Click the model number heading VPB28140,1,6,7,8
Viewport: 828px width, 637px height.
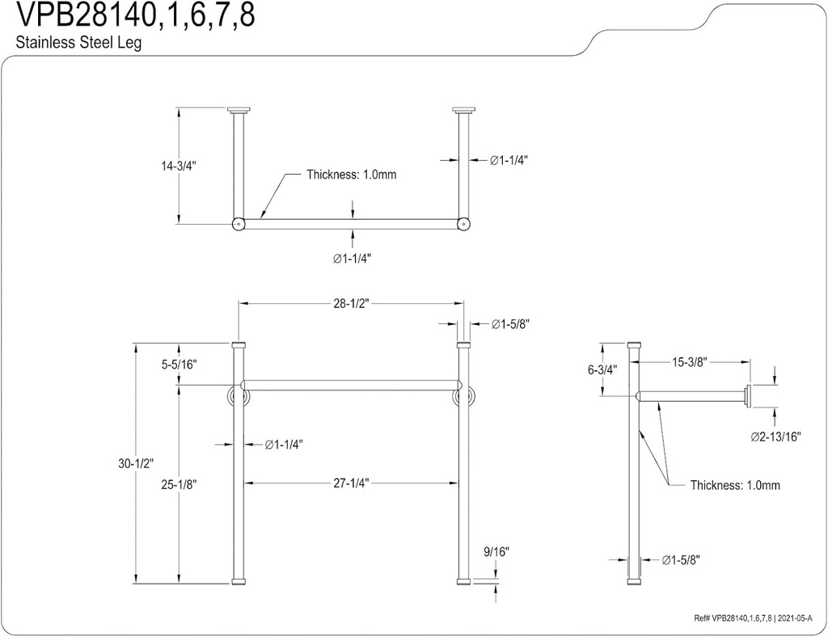[129, 16]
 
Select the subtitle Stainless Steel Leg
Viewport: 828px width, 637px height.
[78, 44]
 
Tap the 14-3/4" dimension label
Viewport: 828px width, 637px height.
[179, 166]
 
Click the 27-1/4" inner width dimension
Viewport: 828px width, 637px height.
[351, 483]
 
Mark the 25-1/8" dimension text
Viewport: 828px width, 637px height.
[179, 484]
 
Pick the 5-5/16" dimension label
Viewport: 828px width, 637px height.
[179, 365]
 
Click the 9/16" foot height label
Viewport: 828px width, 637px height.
[496, 551]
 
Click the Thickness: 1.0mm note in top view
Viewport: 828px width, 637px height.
[351, 175]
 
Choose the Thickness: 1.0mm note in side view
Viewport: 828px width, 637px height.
[734, 485]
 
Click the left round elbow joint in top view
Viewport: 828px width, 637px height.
[239, 224]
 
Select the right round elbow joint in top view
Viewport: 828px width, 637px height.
[463, 224]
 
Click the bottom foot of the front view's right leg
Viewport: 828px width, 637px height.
[463, 581]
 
